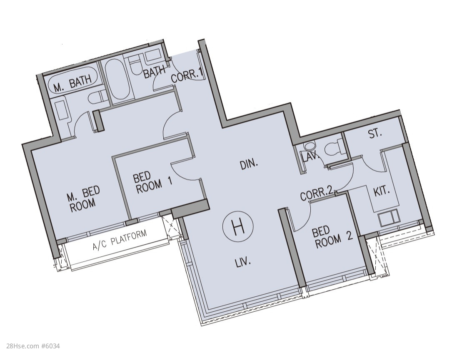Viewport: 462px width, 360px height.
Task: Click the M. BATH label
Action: point(72,84)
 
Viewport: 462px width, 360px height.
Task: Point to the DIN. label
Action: point(249,165)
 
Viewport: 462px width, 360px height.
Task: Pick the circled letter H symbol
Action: point(238,228)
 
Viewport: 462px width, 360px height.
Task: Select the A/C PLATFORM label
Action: point(120,240)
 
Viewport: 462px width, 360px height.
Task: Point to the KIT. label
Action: point(382,192)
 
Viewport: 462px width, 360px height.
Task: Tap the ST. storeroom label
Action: point(375,134)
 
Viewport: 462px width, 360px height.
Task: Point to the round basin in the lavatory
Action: point(310,146)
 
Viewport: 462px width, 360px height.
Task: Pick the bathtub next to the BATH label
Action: point(117,80)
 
